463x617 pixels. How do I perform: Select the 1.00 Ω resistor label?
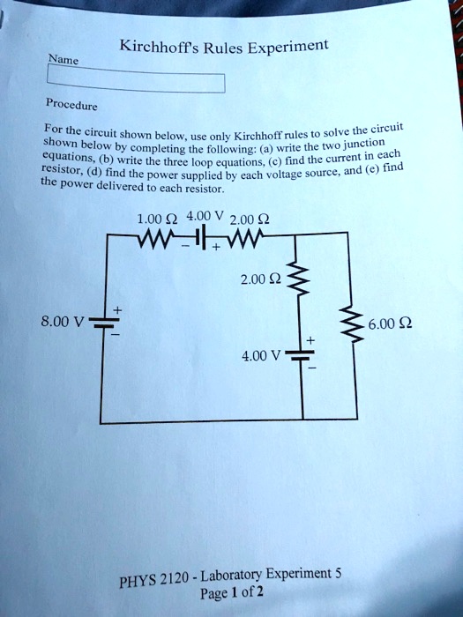(156, 220)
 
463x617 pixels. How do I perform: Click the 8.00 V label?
(67, 321)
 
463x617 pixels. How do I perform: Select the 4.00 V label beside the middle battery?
(261, 356)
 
